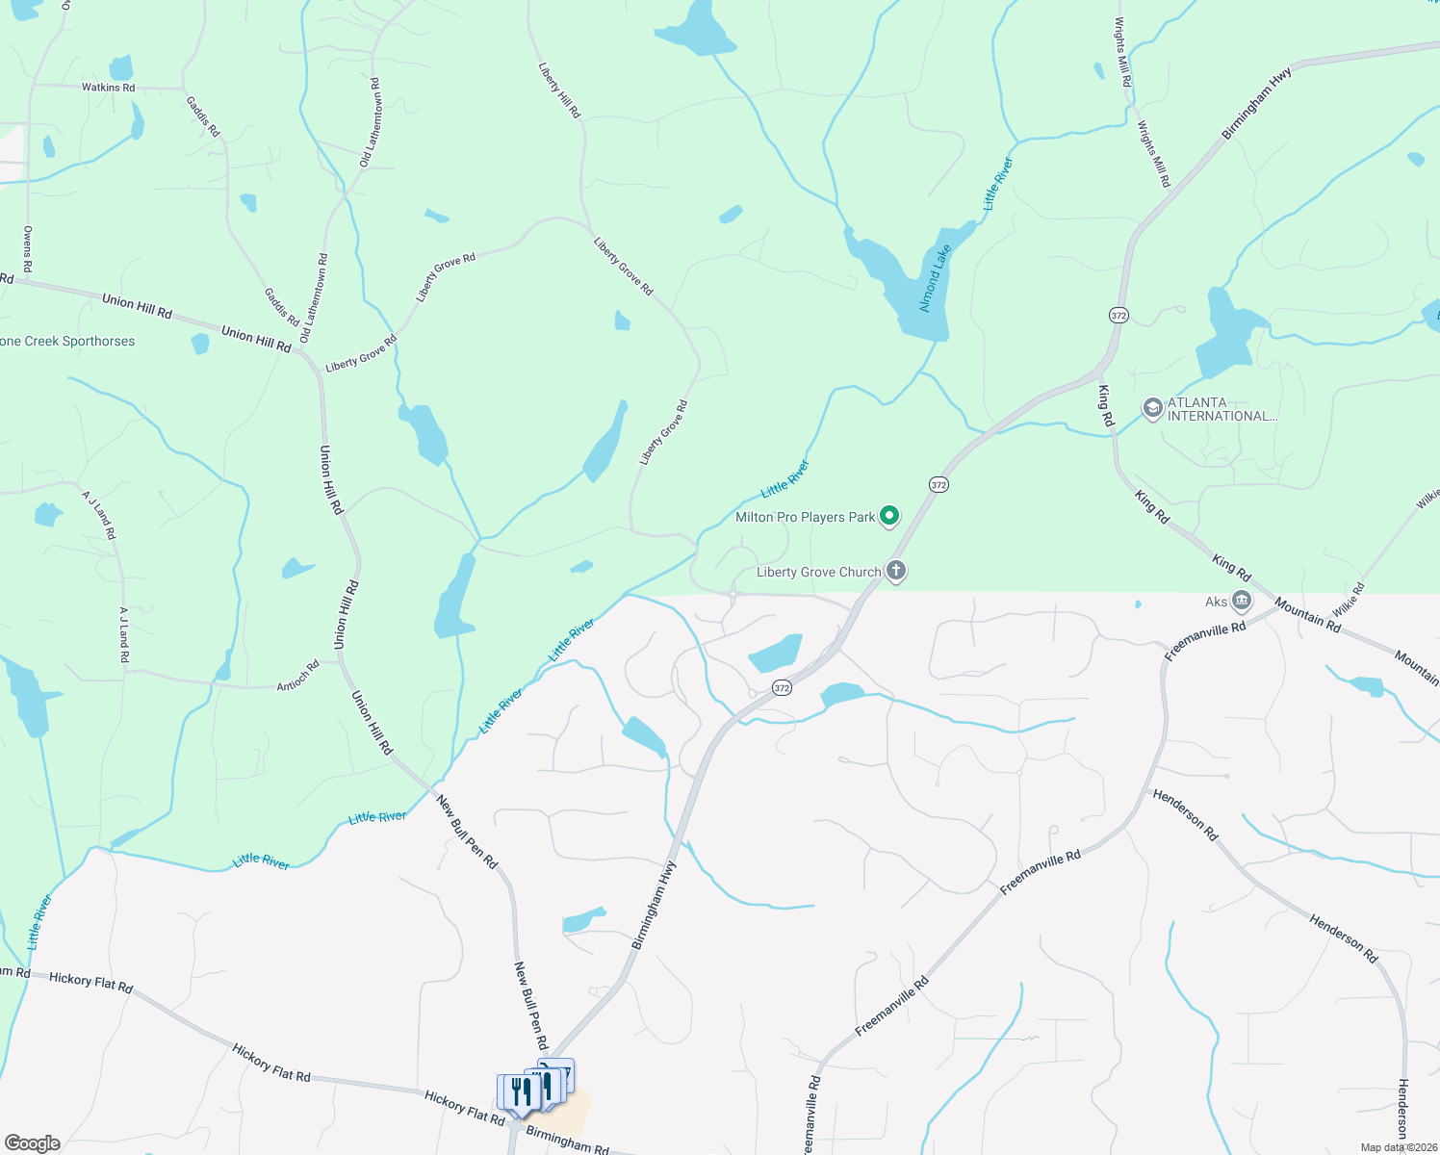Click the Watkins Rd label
click(x=108, y=88)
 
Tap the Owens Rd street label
click(x=28, y=248)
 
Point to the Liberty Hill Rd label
click(x=560, y=90)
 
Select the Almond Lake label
click(x=935, y=278)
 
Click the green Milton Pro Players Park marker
click(x=890, y=517)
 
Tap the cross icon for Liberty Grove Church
click(x=896, y=572)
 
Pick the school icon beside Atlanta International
click(x=1152, y=409)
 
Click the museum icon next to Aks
click(x=1242, y=602)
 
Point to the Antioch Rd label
click(x=297, y=676)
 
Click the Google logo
click(x=32, y=1143)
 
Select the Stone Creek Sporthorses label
click(x=67, y=342)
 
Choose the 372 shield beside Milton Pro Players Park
click(x=939, y=485)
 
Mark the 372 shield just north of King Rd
click(x=1118, y=316)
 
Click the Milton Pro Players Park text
click(x=805, y=518)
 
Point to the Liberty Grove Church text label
click(x=818, y=573)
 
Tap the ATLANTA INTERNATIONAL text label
click(x=1221, y=410)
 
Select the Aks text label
click(x=1216, y=603)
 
